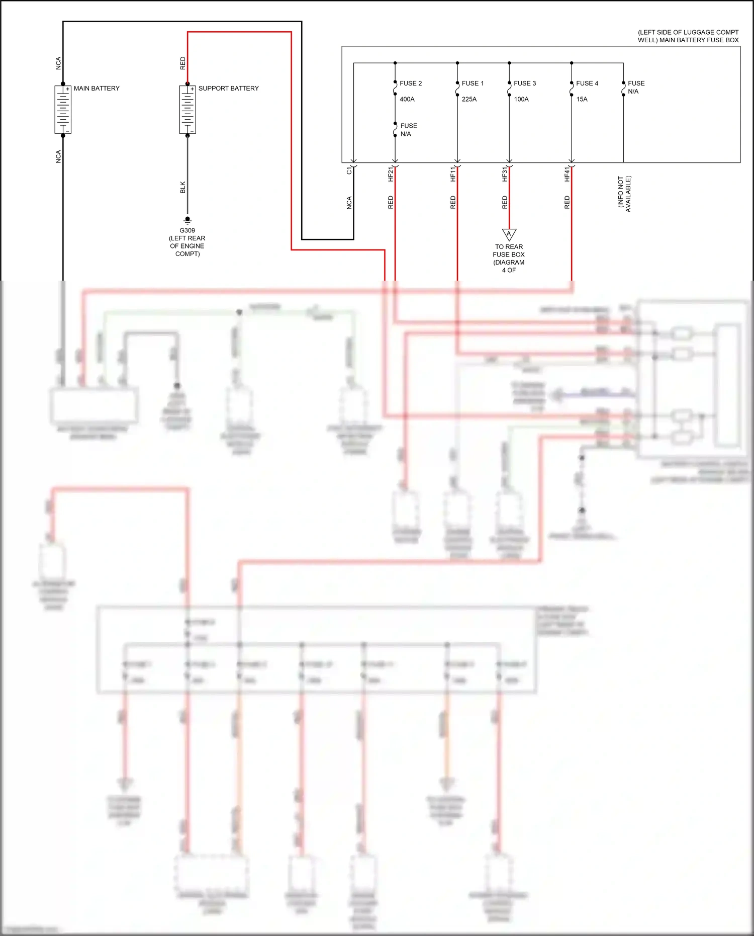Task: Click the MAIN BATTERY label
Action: [x=97, y=89]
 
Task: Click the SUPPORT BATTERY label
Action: [x=228, y=89]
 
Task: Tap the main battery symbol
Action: [x=63, y=110]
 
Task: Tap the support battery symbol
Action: [x=187, y=110]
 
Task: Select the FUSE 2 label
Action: [x=411, y=83]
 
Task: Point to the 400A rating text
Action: [x=407, y=100]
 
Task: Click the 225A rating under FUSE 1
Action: [x=469, y=100]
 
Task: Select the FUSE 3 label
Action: [x=525, y=83]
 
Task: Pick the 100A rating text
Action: [x=521, y=100]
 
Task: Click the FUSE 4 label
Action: [x=587, y=83]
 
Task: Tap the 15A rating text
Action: [x=582, y=100]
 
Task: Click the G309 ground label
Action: [x=187, y=230]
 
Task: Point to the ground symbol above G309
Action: [x=187, y=220]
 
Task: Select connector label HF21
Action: [x=391, y=174]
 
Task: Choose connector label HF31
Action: [x=505, y=174]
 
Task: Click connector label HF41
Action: [x=567, y=174]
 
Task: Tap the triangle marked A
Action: [x=509, y=234]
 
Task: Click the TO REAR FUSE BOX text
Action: [x=509, y=251]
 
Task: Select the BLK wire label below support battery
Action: [x=183, y=187]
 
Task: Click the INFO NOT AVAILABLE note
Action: [x=624, y=194]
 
